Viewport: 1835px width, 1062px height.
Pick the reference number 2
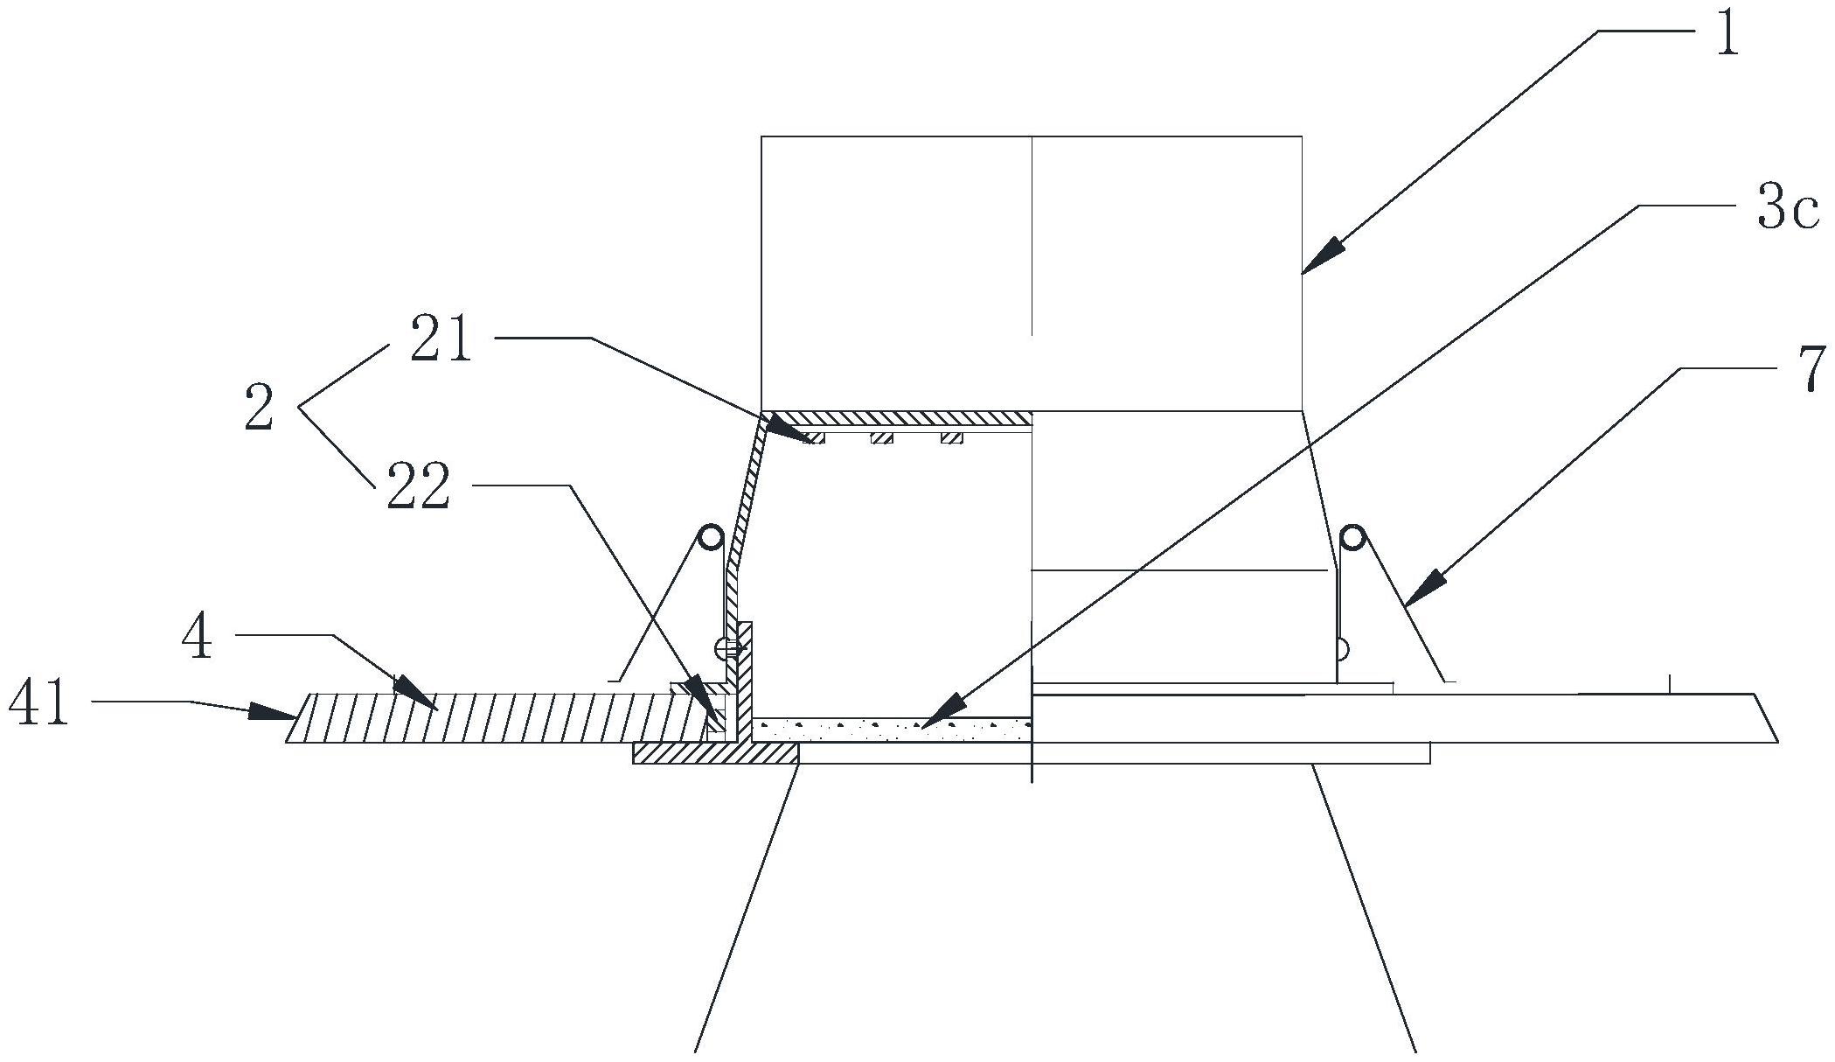pyautogui.click(x=259, y=410)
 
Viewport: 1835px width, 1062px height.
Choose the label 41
pyautogui.click(x=39, y=706)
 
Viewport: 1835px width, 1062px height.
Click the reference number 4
pyautogui.click(x=198, y=639)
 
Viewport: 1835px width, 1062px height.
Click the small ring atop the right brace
pyautogui.click(x=1353, y=536)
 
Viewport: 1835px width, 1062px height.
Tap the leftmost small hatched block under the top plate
pyautogui.click(x=813, y=437)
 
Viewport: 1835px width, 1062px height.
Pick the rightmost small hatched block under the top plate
pyautogui.click(x=951, y=437)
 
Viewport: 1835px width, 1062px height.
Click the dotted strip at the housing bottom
pyautogui.click(x=892, y=730)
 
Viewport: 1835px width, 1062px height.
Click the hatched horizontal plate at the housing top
pyautogui.click(x=896, y=418)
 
